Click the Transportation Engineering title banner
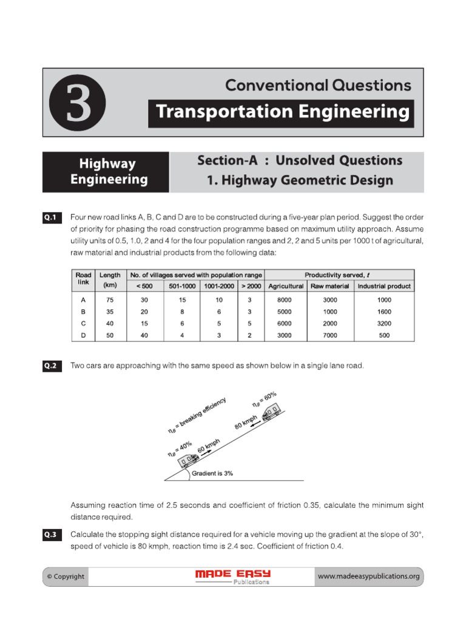pyautogui.click(x=281, y=112)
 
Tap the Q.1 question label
pyautogui.click(x=50, y=217)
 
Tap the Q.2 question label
pyautogui.click(x=50, y=366)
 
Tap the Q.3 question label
pyautogui.click(x=50, y=535)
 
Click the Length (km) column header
pyautogui.click(x=110, y=280)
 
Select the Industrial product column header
pyautogui.click(x=384, y=286)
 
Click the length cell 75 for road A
pyautogui.click(x=110, y=299)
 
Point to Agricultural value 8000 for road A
pyautogui.click(x=285, y=299)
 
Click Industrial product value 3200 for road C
pyautogui.click(x=384, y=323)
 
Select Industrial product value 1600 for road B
pyautogui.click(x=384, y=311)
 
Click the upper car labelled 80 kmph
pyautogui.click(x=271, y=413)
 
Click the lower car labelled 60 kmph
pyautogui.click(x=186, y=460)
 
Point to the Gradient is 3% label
pyautogui.click(x=212, y=473)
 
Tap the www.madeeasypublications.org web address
pyautogui.click(x=368, y=576)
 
